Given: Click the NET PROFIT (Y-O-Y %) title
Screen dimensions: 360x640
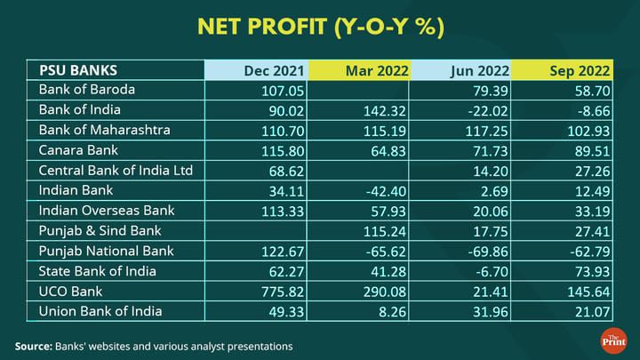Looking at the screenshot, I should coord(320,27).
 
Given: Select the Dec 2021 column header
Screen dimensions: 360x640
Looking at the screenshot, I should coord(276,70).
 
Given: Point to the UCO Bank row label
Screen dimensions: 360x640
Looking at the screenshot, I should coord(70,292).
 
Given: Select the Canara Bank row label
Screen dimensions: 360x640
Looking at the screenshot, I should coord(79,150).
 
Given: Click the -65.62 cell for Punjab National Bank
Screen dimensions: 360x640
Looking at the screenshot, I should coord(383,252).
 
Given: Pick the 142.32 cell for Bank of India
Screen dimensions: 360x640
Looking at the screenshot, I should coord(383,110).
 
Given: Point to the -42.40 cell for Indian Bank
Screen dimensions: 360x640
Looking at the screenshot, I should coord(383,191).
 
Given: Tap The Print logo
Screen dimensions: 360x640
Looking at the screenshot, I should coord(613,340).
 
